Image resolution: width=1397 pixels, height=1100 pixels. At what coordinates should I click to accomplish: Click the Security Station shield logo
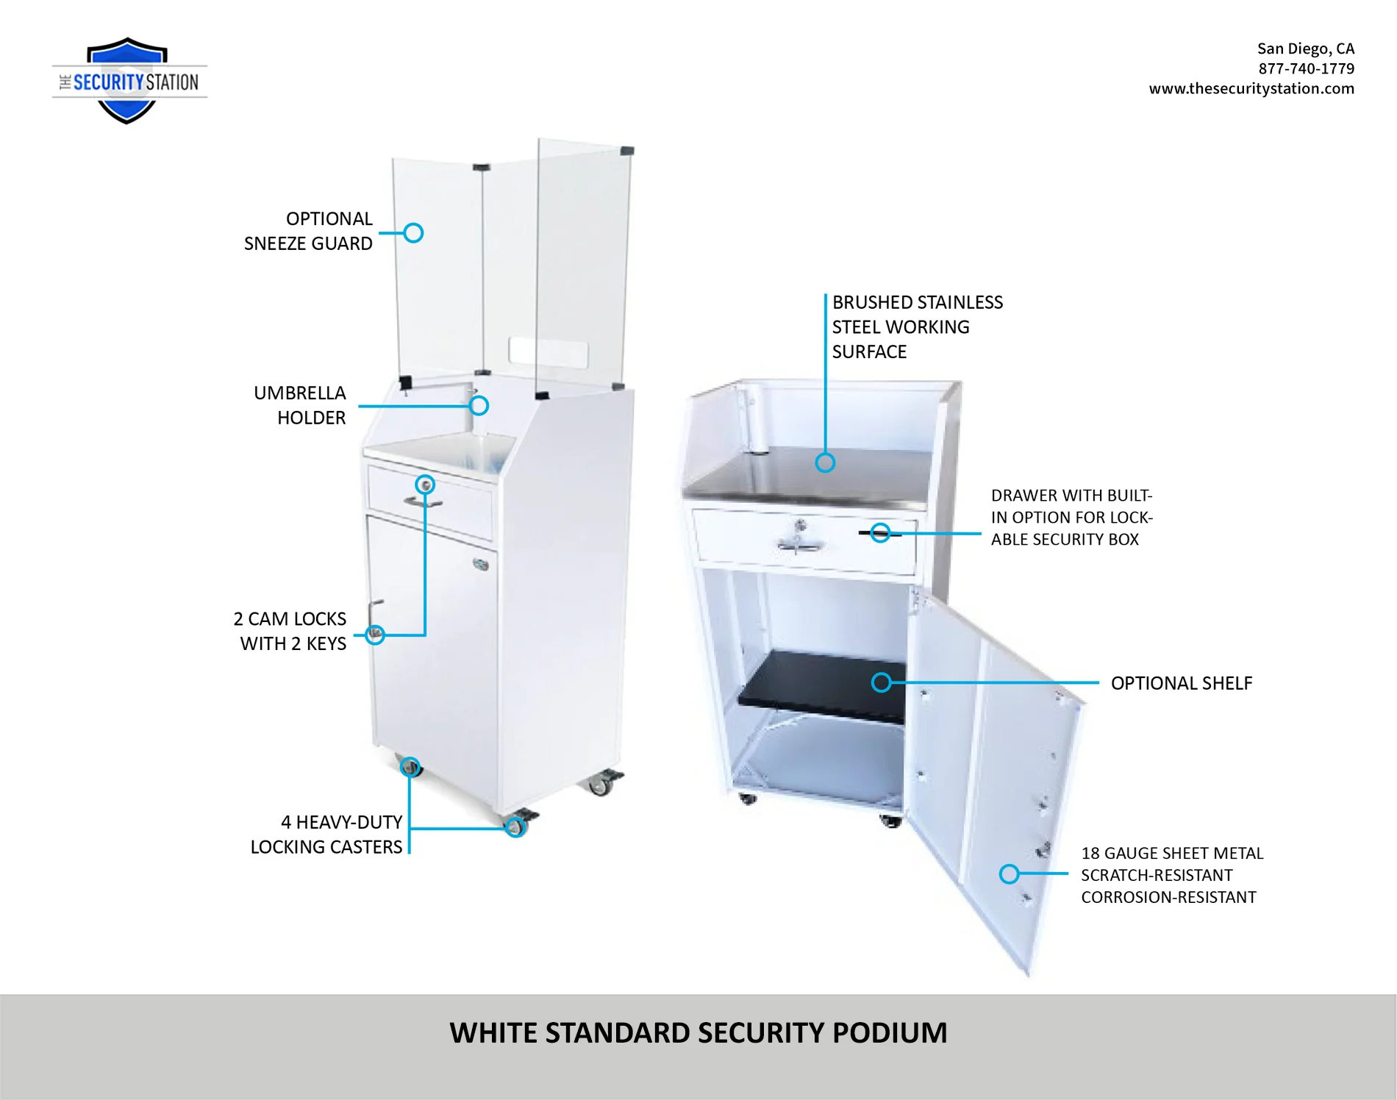(128, 81)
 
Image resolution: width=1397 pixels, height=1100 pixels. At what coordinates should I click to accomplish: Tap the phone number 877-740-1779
(1306, 68)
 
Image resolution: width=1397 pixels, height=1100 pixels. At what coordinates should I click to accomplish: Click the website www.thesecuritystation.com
(1251, 88)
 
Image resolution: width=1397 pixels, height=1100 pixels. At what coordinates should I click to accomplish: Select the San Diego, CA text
(1305, 49)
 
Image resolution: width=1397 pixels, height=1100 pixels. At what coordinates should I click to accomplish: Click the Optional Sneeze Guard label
(309, 231)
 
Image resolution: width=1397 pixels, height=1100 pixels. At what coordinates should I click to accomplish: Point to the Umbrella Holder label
(300, 405)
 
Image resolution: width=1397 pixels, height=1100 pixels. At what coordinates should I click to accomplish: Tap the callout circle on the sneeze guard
(413, 233)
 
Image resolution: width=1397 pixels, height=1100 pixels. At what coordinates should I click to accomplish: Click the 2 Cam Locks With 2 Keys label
(291, 631)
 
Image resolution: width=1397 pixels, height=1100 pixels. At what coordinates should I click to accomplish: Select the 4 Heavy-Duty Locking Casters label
(327, 834)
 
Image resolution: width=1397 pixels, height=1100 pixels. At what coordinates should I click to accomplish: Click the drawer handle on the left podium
(422, 503)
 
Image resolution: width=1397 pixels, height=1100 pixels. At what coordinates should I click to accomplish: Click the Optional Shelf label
(1181, 683)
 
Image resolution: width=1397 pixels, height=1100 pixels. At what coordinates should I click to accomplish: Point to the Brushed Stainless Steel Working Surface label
(916, 327)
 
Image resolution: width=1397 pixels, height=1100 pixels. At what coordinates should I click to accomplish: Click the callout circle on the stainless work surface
(825, 463)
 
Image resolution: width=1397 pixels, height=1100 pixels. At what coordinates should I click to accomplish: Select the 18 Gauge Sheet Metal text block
(1171, 875)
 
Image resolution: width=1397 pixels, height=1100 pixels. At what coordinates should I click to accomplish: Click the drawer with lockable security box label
(1071, 517)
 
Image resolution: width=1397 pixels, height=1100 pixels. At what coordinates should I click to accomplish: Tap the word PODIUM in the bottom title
(889, 1033)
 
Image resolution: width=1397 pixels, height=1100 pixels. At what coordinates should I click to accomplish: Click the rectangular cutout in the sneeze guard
(548, 352)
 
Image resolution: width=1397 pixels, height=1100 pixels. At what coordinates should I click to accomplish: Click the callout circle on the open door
(1009, 874)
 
